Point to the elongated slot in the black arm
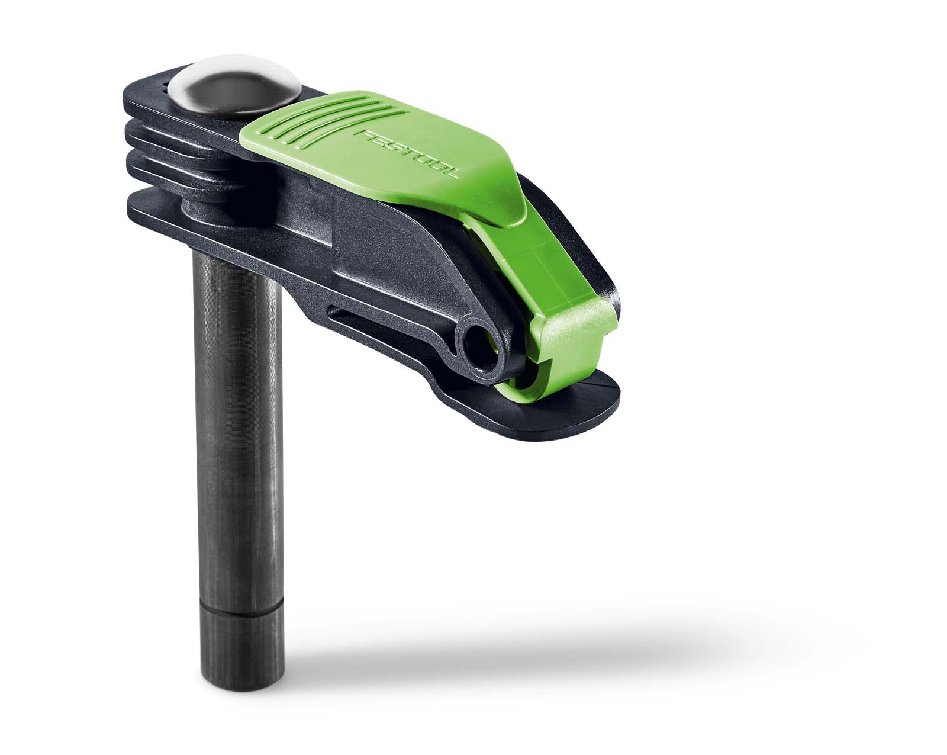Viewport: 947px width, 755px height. coord(379,314)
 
